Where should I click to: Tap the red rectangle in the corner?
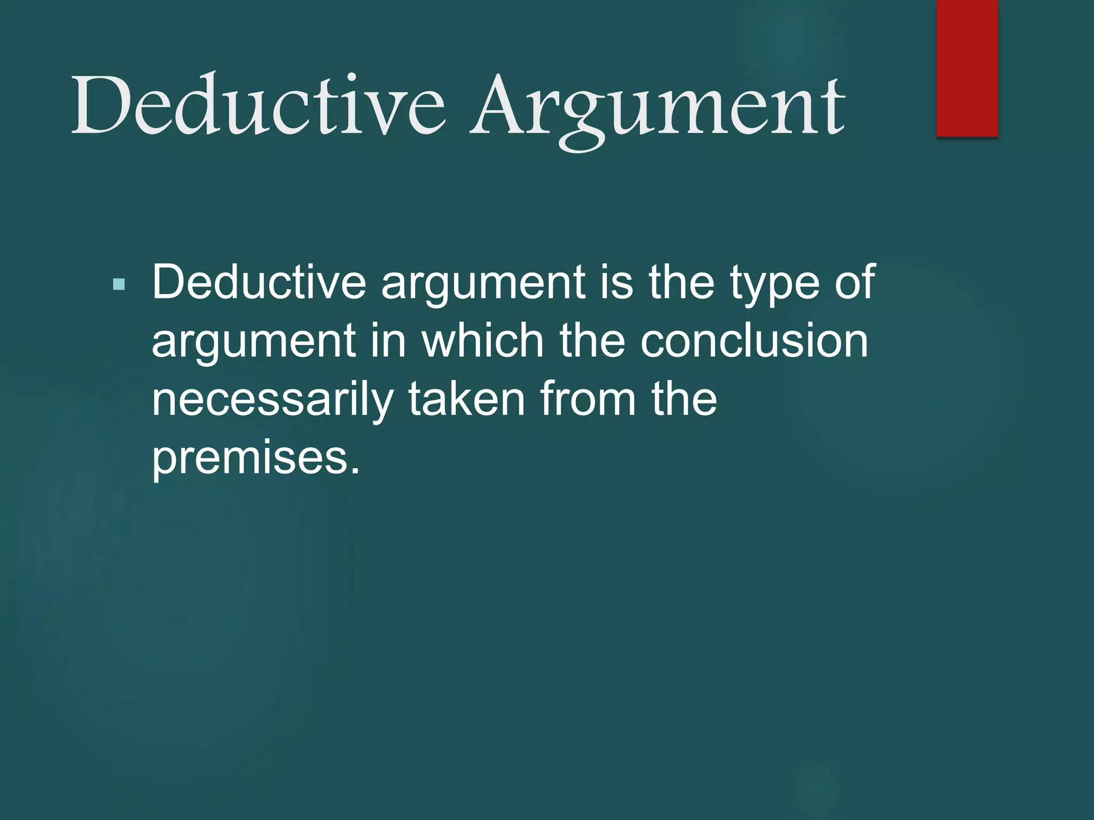(x=967, y=68)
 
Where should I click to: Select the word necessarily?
(x=272, y=400)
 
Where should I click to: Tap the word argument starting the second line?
(x=254, y=344)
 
